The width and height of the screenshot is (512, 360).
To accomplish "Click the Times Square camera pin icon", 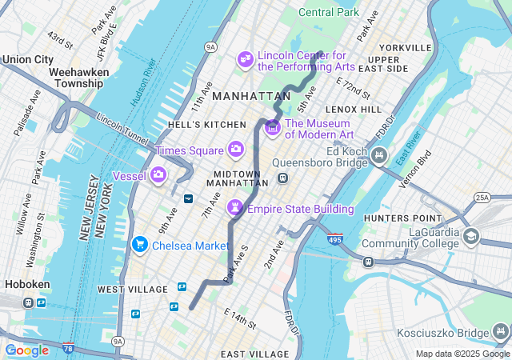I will click(x=236, y=150).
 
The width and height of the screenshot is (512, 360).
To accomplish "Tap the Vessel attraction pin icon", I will click(x=158, y=174).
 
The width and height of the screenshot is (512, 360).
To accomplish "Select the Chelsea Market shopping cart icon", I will click(x=140, y=244).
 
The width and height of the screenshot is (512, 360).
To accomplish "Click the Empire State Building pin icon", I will click(x=235, y=208).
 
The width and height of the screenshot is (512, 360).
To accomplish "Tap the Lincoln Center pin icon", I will click(x=245, y=59).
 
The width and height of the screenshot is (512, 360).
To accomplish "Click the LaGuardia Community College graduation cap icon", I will click(x=471, y=236).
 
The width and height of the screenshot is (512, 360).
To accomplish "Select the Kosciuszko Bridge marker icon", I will click(x=502, y=330).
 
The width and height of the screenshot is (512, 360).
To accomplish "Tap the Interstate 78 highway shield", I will click(x=68, y=349).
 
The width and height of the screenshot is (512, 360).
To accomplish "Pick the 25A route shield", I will click(x=482, y=198).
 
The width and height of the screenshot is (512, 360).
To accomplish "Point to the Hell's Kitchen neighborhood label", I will click(x=207, y=125).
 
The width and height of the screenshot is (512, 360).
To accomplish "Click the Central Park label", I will click(x=329, y=12).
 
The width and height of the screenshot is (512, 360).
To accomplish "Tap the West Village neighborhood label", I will click(x=132, y=288).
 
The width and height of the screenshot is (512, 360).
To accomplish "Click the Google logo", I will click(x=26, y=350).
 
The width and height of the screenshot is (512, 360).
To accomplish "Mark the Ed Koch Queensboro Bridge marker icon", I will click(x=380, y=154).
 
